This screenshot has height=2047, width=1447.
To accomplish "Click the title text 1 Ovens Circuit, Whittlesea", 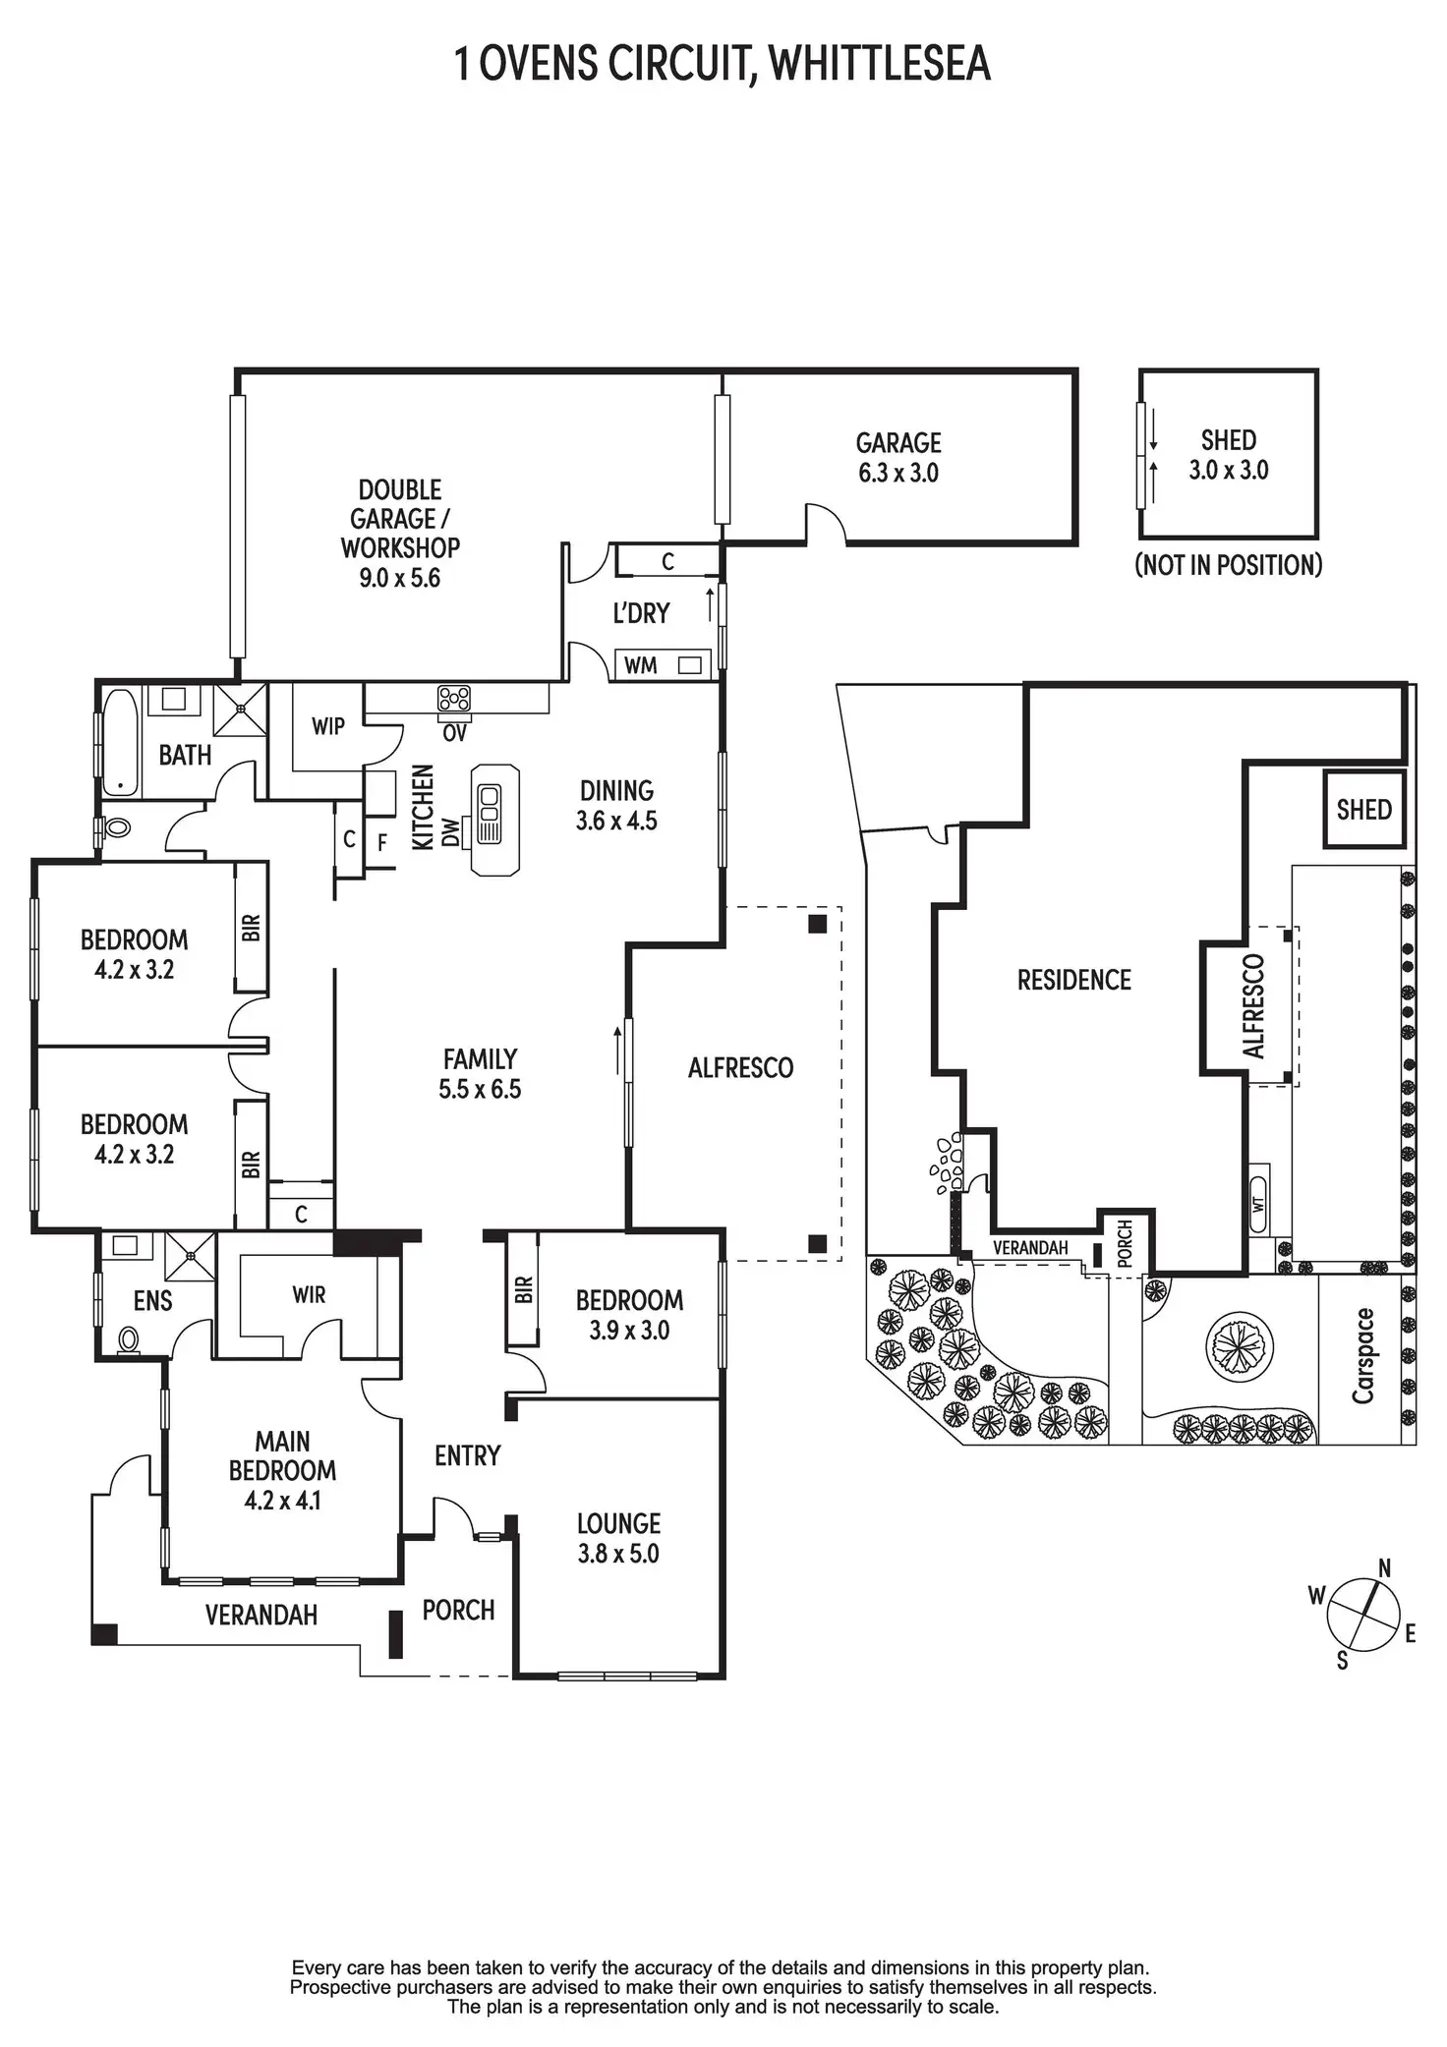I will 722,64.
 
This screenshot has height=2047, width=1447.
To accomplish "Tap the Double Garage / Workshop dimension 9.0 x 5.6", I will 399,578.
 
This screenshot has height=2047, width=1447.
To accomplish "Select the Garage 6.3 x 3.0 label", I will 898,458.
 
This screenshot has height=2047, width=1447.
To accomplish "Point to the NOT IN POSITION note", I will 1228,565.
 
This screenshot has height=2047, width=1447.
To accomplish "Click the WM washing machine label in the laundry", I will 640,665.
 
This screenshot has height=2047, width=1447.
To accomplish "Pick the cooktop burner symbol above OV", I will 454,699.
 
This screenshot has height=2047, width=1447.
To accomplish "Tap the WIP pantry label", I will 328,726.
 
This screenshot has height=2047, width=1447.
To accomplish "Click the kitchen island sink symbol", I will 489,813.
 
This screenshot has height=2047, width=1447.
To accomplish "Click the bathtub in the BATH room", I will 120,742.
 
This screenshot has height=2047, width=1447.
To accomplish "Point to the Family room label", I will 480,1059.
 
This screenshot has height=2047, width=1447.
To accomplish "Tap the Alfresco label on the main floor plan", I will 740,1068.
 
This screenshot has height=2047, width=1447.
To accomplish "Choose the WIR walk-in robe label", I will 309,1295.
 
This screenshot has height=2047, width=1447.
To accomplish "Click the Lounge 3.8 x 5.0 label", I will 618,1538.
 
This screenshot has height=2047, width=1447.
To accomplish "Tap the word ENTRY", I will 468,1455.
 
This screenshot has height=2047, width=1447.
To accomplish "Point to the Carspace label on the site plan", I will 1362,1356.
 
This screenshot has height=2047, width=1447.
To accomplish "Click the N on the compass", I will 1384,1567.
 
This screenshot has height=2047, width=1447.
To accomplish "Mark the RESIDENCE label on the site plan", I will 1073,980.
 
